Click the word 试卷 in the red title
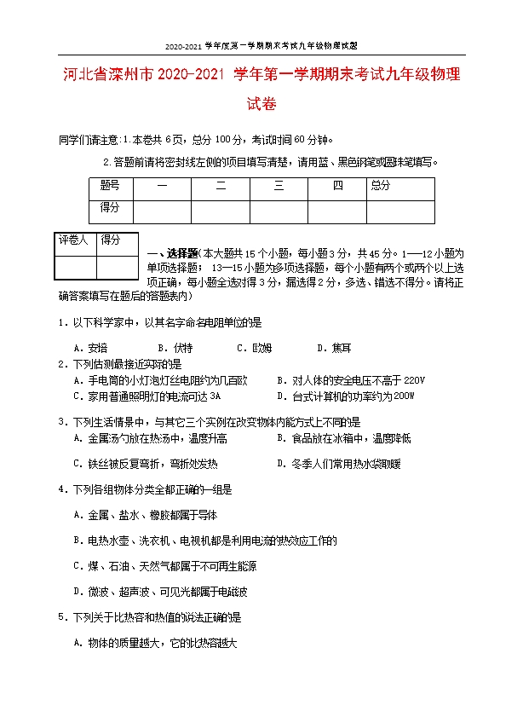click(x=261, y=105)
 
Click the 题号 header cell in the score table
click(x=110, y=185)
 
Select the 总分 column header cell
click(x=380, y=185)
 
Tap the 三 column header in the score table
click(x=279, y=186)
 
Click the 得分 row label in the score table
click(x=110, y=207)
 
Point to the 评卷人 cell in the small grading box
click(x=73, y=241)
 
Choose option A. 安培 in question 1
click(x=91, y=348)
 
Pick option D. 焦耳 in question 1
click(x=334, y=348)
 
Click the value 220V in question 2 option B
click(x=413, y=380)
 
